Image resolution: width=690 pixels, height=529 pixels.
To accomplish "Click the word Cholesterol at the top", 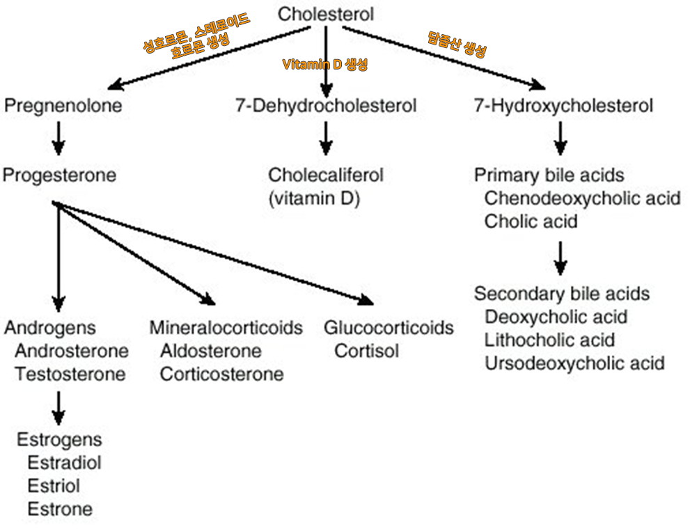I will [x=326, y=13].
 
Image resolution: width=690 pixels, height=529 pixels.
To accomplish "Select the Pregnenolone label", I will [x=63, y=106].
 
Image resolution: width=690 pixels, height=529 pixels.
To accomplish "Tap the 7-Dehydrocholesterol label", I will [x=327, y=106].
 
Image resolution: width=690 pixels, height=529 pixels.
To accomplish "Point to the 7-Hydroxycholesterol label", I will [x=563, y=106].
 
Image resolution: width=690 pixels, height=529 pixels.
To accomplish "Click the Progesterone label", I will [x=59, y=175].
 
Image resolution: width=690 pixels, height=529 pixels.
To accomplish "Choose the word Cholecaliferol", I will [x=326, y=175].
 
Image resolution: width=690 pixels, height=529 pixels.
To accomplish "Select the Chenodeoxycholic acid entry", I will [x=582, y=198].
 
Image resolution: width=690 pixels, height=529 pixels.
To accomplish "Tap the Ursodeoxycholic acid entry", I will [x=574, y=363].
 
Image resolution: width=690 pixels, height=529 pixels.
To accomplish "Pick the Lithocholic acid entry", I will [x=549, y=340].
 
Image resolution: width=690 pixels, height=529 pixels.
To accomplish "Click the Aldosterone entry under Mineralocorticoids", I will [x=211, y=351].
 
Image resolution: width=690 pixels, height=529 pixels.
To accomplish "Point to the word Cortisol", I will [x=367, y=351].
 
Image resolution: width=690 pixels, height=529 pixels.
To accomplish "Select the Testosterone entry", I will [x=70, y=374].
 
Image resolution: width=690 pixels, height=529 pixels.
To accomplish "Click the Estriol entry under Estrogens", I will [x=54, y=485].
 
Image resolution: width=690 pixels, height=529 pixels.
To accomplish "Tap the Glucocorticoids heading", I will [x=389, y=327].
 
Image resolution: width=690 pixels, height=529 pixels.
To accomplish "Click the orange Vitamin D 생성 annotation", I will [x=324, y=65].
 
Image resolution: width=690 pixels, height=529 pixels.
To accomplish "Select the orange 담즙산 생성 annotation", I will [x=457, y=44].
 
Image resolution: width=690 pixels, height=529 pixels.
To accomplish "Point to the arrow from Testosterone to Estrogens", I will [x=59, y=407].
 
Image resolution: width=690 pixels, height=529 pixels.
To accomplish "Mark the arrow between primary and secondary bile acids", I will [x=560, y=258].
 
